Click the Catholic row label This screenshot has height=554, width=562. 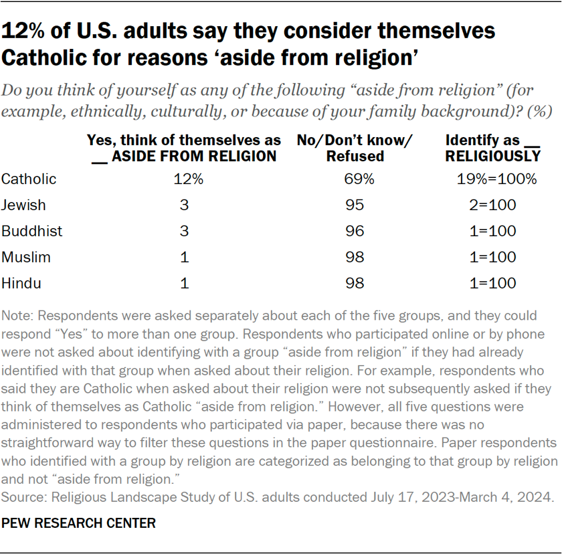(x=29, y=179)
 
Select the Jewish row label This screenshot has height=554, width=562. (x=24, y=205)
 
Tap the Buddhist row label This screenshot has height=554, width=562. (x=32, y=231)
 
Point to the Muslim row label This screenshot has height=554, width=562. (x=26, y=257)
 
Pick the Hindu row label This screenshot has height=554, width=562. (x=21, y=283)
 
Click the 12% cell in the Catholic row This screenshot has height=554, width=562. (x=184, y=179)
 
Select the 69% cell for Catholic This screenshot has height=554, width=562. (x=355, y=179)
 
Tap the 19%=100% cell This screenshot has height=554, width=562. (x=493, y=179)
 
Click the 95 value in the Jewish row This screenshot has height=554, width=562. (x=355, y=205)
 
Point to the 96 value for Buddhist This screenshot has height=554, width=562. (x=355, y=231)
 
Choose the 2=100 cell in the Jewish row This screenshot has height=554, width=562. (x=493, y=205)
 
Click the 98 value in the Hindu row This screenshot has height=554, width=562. (x=355, y=283)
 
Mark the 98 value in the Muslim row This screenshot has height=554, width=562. (x=355, y=257)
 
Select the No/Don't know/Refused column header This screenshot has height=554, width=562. (x=355, y=149)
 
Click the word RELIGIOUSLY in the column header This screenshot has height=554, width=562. (x=493, y=157)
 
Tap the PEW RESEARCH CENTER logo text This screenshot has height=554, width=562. (x=79, y=523)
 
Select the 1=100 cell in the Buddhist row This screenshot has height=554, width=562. (x=493, y=231)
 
